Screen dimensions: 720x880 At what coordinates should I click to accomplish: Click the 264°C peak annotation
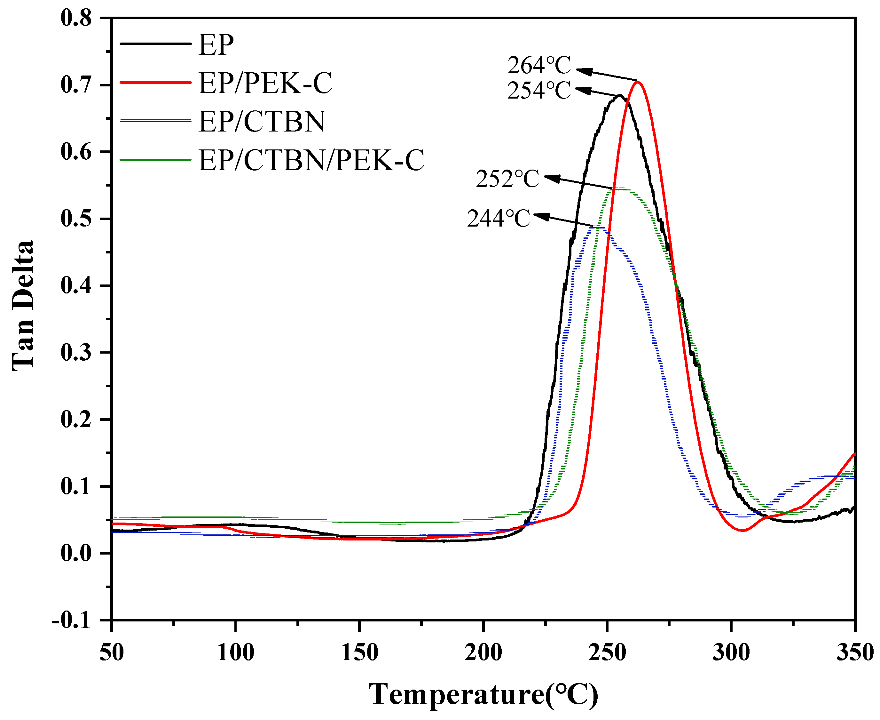click(539, 66)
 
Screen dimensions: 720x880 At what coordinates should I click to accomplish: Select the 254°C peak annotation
click(539, 91)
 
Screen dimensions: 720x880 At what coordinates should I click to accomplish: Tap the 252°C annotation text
click(507, 179)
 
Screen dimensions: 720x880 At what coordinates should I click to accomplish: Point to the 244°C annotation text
click(499, 219)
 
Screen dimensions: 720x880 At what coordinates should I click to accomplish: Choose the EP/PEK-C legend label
click(265, 83)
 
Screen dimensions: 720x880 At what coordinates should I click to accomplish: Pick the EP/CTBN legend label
click(262, 122)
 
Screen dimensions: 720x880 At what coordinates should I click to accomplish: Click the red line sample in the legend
click(155, 83)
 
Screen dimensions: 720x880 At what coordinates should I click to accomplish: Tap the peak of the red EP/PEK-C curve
click(638, 82)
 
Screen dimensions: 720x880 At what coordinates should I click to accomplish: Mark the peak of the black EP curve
click(620, 95)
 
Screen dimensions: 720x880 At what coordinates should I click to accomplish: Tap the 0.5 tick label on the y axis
click(76, 219)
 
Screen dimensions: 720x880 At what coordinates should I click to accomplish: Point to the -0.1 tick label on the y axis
click(71, 621)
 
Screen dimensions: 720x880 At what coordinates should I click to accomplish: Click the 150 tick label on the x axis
click(359, 652)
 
